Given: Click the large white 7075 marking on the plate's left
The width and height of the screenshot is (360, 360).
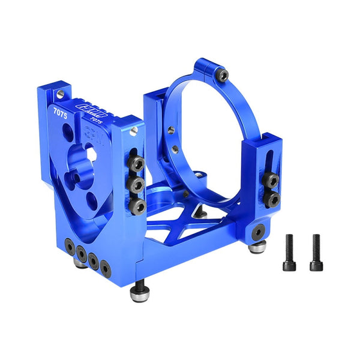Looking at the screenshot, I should [60, 111].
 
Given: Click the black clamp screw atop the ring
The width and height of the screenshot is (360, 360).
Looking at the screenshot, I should [223, 75].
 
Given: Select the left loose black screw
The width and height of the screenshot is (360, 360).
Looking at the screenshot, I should [288, 251].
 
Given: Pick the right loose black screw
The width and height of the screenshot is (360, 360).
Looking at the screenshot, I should [316, 251].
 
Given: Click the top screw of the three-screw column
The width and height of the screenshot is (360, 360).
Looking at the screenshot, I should [137, 163].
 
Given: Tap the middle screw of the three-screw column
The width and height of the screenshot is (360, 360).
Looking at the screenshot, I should [137, 184].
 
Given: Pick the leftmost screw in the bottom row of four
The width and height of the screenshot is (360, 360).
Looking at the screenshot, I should [70, 246].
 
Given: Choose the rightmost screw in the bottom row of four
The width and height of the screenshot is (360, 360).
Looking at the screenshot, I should [106, 268].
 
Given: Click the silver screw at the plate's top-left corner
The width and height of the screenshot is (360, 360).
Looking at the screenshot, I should [60, 93].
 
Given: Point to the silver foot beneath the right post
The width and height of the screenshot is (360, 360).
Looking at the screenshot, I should [258, 247].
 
